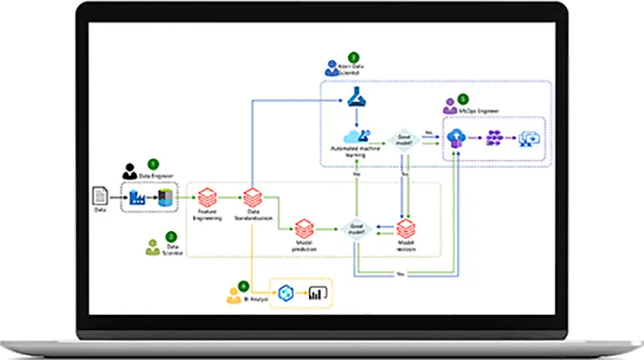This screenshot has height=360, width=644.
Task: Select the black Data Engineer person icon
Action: (129, 172)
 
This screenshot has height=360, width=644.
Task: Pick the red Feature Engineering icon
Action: (208, 196)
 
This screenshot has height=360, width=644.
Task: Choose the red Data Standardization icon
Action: (253, 196)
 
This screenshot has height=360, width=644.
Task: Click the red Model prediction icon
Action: (304, 229)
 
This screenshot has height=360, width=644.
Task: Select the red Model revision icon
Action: (406, 229)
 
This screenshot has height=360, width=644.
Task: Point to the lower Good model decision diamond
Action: (355, 229)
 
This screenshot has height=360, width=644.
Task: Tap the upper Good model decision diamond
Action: (402, 139)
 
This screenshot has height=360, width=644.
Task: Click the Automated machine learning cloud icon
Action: (354, 136)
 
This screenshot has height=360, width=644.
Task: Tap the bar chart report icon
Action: (320, 293)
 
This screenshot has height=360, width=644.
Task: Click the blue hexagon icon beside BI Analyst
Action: (284, 293)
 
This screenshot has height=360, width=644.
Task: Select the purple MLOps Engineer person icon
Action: (449, 106)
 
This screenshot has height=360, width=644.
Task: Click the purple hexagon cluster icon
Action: (494, 139)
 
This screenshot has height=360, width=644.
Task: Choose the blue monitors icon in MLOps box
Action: (531, 139)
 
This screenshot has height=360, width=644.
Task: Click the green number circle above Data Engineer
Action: (154, 163)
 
